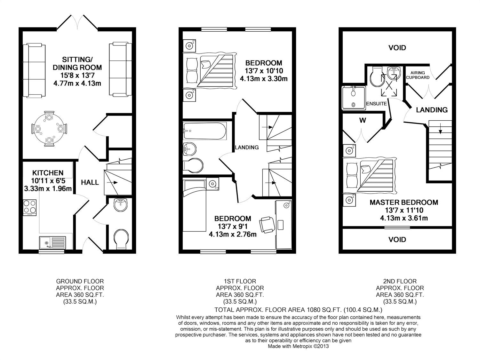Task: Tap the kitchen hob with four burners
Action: tap(30, 207)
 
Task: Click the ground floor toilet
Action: tap(122, 238)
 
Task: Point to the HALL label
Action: tap(90, 182)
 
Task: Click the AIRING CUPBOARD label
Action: tap(418, 75)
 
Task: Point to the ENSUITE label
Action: tap(376, 104)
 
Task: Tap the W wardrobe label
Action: tap(362, 121)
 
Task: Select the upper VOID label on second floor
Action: tap(397, 48)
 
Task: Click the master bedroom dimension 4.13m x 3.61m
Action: tap(404, 218)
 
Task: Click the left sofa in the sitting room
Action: tap(35, 70)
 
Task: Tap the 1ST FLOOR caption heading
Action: tap(240, 281)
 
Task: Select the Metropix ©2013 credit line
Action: tap(298, 346)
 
